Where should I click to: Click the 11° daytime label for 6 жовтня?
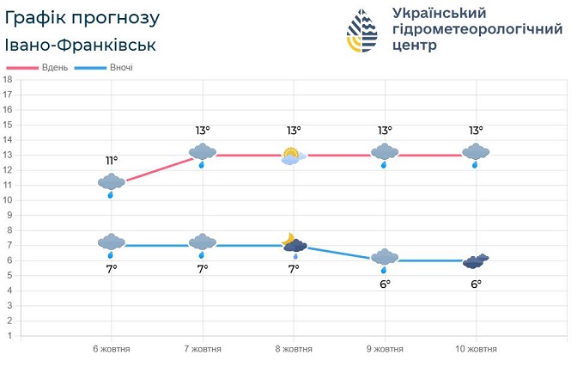[x=112, y=161]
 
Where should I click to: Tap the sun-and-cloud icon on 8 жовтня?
[x=293, y=156]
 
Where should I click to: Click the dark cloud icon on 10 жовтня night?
[x=476, y=261]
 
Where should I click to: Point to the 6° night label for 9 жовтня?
[x=385, y=284]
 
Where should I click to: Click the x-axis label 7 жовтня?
[x=203, y=349]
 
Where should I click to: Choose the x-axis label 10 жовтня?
[x=476, y=349]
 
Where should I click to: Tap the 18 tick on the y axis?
[x=8, y=80]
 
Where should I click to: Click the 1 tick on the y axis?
[x=8, y=335]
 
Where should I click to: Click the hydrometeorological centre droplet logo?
[x=361, y=32]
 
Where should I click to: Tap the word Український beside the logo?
[x=439, y=13]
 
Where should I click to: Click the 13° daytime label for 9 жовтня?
[x=385, y=131]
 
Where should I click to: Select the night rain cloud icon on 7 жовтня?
[x=203, y=245]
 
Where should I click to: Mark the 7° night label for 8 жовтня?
[x=294, y=269]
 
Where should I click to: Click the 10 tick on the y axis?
[x=8, y=200]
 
